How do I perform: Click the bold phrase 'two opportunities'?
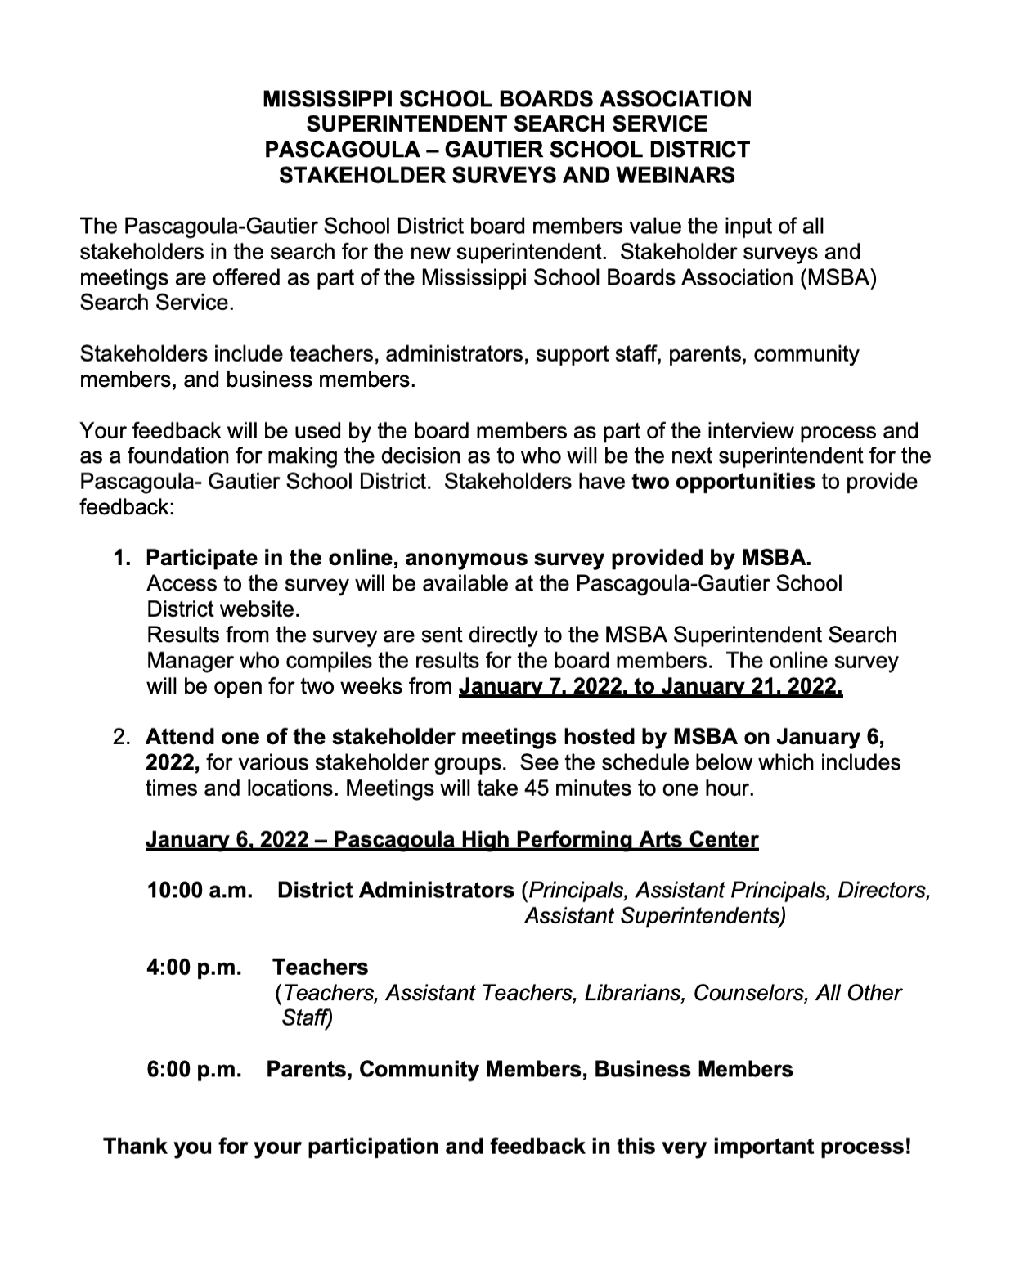[x=723, y=481]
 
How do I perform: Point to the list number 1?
[x=122, y=559]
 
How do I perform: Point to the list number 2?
[x=122, y=737]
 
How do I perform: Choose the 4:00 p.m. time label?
[x=195, y=967]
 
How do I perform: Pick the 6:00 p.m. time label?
[x=195, y=1069]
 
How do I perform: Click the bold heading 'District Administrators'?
[x=396, y=890]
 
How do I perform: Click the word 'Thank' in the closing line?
[x=136, y=1146]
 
